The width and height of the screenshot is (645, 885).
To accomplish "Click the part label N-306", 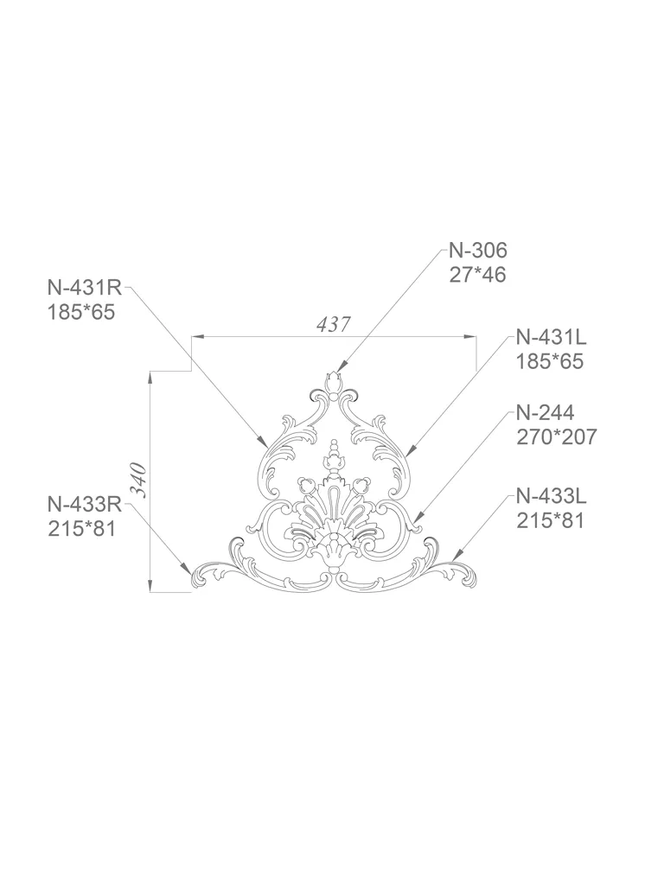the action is (x=478, y=250).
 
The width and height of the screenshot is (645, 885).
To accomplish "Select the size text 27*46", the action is (x=478, y=275).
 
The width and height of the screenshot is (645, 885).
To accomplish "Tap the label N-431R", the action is (x=85, y=287).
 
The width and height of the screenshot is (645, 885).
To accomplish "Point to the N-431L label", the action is (x=551, y=338).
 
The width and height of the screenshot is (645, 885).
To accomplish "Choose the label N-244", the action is (x=545, y=412).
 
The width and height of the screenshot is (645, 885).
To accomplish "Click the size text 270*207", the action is (x=556, y=436).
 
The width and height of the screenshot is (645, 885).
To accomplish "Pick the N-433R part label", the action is (x=85, y=503).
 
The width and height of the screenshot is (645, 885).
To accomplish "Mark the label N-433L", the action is (x=551, y=497).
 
